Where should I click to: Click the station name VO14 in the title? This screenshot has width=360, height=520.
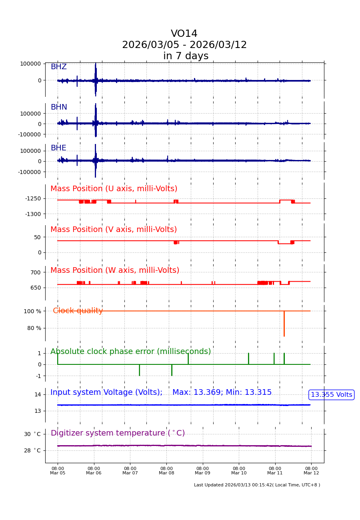point(184,34)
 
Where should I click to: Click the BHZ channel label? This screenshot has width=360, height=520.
point(58,67)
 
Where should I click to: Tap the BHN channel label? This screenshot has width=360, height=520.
point(59,107)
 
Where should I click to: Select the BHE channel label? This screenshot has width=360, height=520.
point(58,148)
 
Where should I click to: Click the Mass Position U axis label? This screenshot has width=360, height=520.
point(114,189)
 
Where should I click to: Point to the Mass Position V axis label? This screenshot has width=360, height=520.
point(114,230)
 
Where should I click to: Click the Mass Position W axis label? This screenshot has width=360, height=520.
point(115,270)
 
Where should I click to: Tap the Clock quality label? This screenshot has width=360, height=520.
point(78,311)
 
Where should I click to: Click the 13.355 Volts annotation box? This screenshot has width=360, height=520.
point(331,395)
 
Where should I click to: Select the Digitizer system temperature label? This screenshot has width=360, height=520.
point(118,433)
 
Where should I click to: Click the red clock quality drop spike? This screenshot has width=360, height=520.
point(284,324)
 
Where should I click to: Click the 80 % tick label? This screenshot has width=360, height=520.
point(34,328)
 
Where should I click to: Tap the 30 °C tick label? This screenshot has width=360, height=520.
point(32,434)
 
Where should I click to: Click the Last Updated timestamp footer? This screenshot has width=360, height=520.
point(257,485)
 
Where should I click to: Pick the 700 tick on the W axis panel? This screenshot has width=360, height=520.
point(36,272)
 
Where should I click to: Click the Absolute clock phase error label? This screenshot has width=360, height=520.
point(130,352)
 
